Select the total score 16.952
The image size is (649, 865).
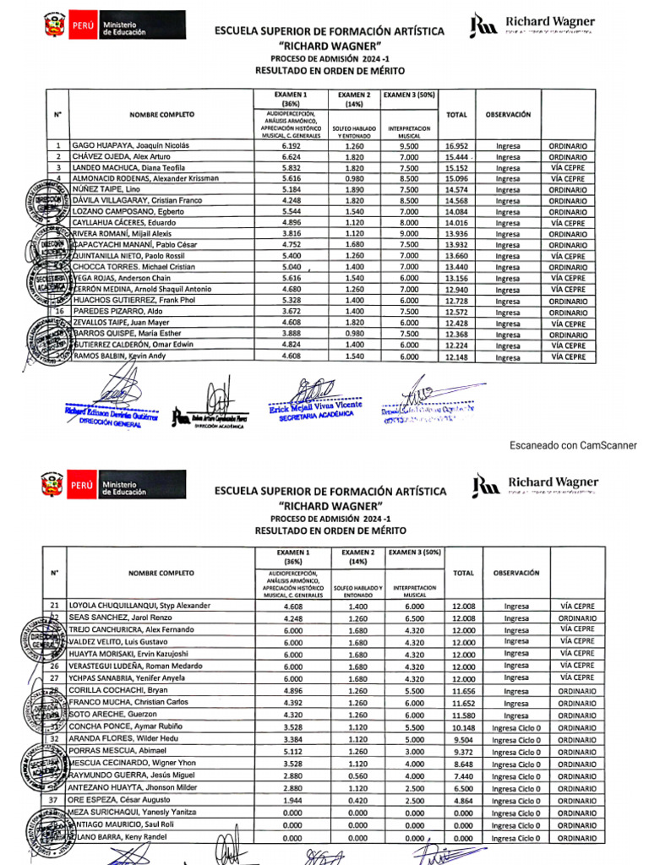(456, 145)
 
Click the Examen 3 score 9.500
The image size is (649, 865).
(409, 145)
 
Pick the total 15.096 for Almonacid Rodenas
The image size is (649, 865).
(456, 178)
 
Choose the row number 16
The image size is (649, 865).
(58, 312)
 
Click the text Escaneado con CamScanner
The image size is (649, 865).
(573, 445)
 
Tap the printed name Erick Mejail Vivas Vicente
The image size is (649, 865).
(315, 405)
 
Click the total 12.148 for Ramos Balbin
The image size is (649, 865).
(456, 356)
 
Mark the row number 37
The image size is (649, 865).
(55, 800)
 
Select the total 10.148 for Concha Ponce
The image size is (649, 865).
(464, 726)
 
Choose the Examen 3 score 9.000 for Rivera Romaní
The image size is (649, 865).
(409, 234)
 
